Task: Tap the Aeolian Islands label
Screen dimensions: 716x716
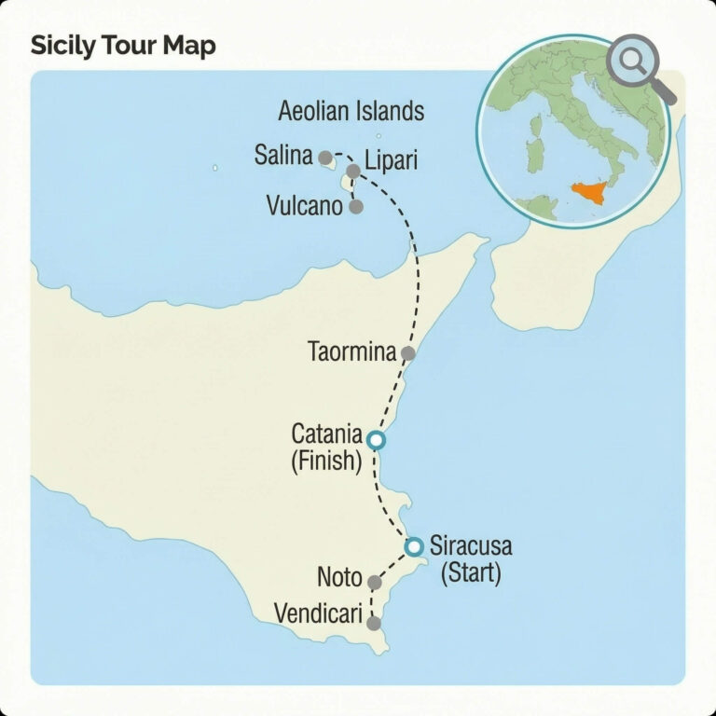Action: coord(351,112)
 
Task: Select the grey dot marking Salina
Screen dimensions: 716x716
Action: coord(324,158)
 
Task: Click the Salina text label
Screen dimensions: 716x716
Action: coord(282,156)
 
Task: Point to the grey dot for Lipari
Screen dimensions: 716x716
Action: coord(353,172)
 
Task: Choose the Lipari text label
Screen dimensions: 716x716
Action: coord(392,160)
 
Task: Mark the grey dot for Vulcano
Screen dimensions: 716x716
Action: coord(355,206)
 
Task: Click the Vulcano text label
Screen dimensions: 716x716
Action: coord(305,206)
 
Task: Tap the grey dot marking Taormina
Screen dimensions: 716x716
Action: coord(407,353)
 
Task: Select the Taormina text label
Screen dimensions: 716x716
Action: coord(351,352)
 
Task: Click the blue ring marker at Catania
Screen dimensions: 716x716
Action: coord(375,440)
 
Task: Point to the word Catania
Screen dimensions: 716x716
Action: coord(326,434)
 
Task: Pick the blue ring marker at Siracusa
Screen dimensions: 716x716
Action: coord(415,546)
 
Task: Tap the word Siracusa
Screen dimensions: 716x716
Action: coord(471,547)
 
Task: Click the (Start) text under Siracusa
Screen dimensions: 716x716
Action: coord(471,572)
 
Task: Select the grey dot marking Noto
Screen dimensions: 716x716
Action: coord(375,583)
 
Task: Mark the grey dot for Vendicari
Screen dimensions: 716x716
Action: coord(374,623)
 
